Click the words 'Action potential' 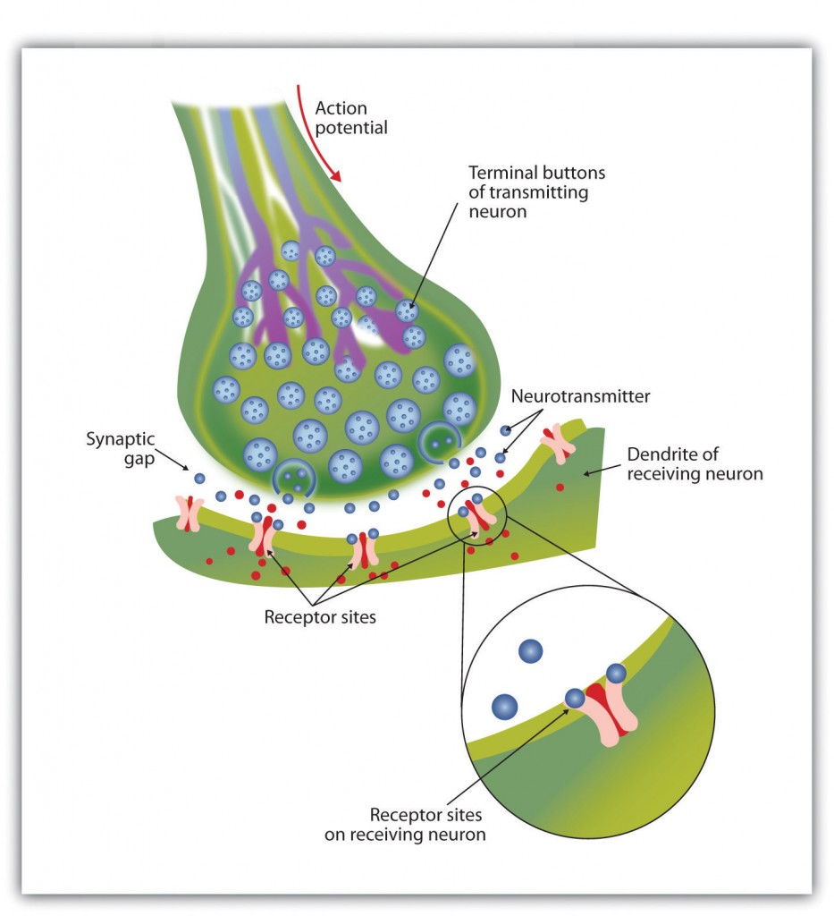351,117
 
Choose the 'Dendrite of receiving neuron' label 695,463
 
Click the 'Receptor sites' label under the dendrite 320,616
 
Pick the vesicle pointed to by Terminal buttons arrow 408,310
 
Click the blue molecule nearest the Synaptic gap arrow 199,479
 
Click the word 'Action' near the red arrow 341,107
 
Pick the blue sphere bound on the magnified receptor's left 575,698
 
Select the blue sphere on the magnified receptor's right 617,673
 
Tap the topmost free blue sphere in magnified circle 531,651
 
